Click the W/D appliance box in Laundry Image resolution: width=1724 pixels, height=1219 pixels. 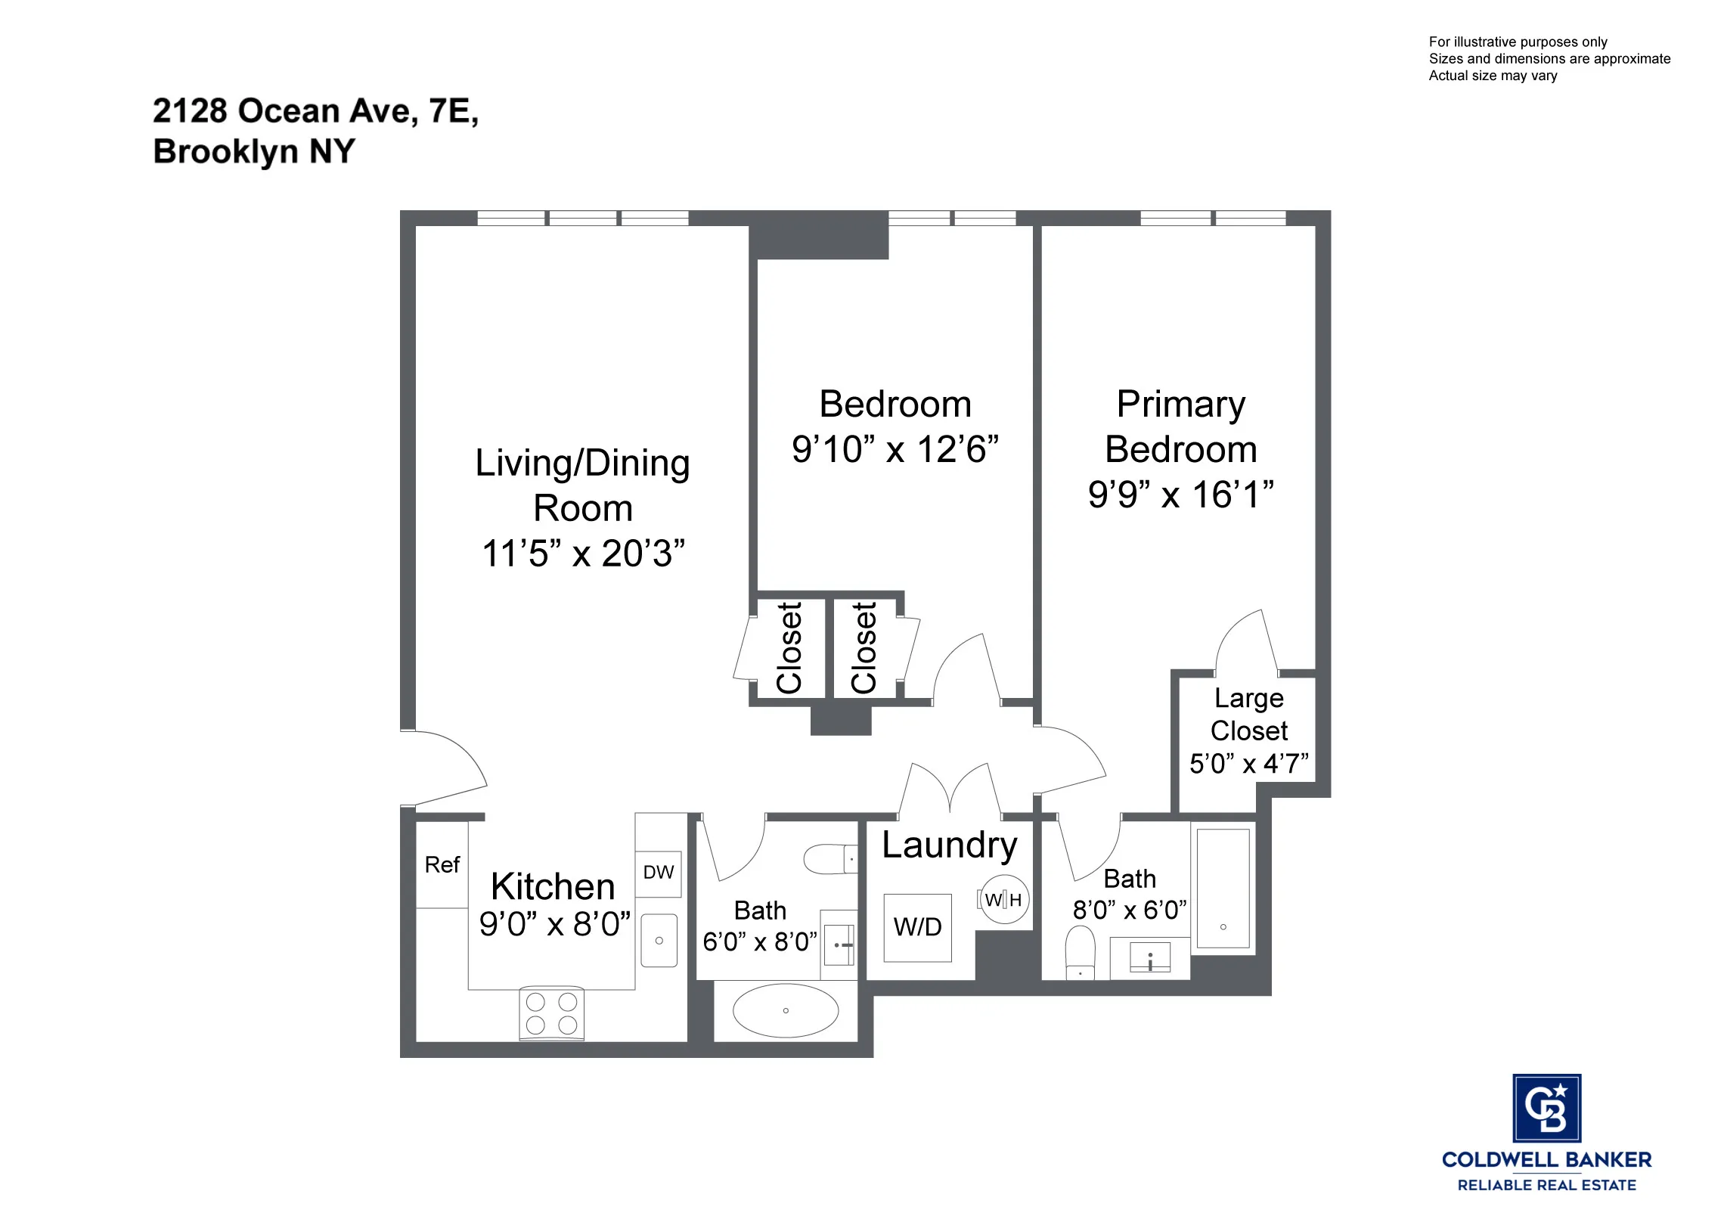pos(916,927)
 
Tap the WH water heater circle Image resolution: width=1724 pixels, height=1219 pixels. pos(1003,899)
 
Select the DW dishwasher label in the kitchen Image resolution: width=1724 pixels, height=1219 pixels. pos(658,873)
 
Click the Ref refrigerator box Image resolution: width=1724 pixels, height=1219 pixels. pos(442,864)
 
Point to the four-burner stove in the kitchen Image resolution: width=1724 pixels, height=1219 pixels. pos(552,1013)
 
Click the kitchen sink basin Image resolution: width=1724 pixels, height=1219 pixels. pos(659,940)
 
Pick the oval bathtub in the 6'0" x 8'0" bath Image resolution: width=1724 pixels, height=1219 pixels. pos(786,1010)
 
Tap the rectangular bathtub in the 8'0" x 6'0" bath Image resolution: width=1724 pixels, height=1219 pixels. pos(1223,888)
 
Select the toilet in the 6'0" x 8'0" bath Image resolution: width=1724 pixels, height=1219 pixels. pos(829,859)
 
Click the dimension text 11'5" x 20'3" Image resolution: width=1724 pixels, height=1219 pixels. pos(583,554)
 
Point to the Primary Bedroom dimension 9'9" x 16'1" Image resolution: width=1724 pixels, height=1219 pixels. pos(1180,495)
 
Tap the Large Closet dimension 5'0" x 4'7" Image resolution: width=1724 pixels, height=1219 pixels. pos(1248,764)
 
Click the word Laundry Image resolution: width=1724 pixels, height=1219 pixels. pos(949,845)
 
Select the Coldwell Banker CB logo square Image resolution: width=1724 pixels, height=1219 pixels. pos(1546,1108)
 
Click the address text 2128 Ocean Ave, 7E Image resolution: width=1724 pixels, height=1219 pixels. pos(315,111)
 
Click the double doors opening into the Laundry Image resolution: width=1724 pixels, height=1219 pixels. pos(950,790)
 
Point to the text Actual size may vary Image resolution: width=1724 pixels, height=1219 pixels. pos(1493,76)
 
